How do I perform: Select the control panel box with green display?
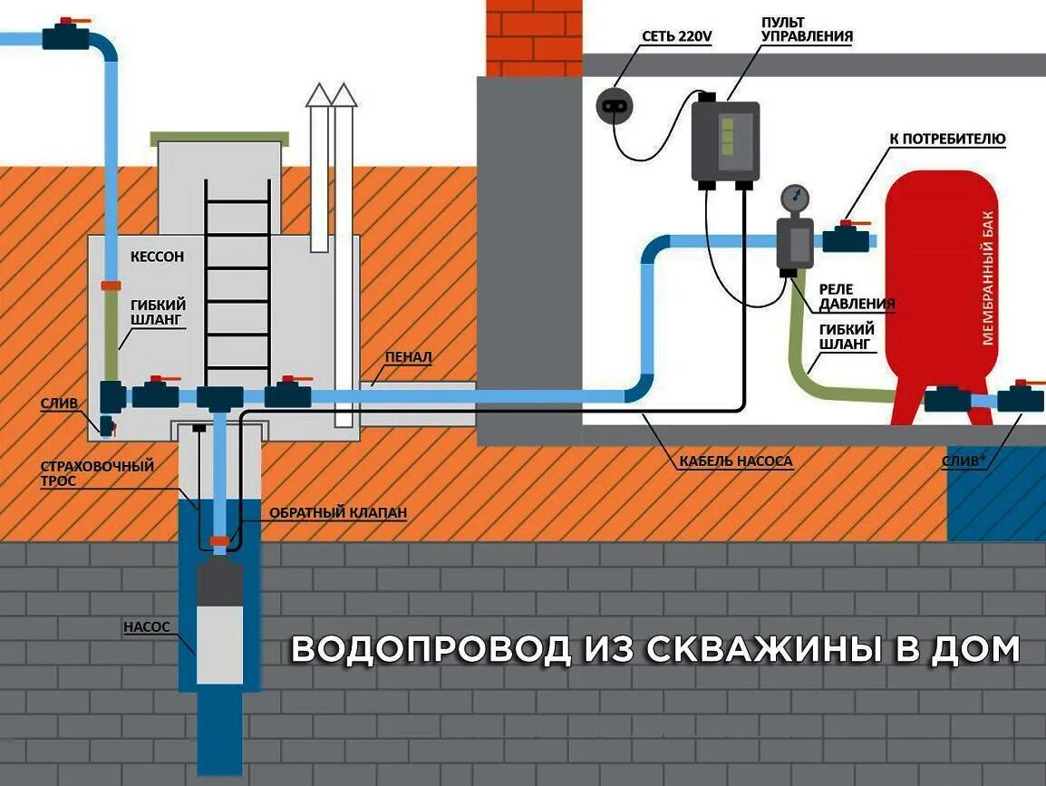coord(724,141)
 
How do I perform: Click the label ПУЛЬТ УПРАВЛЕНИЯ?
coord(794,29)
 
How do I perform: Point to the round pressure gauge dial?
coord(794,196)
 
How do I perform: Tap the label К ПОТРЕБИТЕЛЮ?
coord(946,139)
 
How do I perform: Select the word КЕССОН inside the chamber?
coord(157,257)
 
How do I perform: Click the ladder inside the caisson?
coord(237,281)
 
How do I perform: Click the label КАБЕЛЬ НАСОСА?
coord(735,461)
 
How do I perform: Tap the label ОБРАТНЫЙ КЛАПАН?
coord(337,512)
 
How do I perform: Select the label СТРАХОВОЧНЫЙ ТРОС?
coord(97,473)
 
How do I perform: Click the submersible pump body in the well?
coord(219,626)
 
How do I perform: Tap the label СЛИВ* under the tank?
coord(964,461)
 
